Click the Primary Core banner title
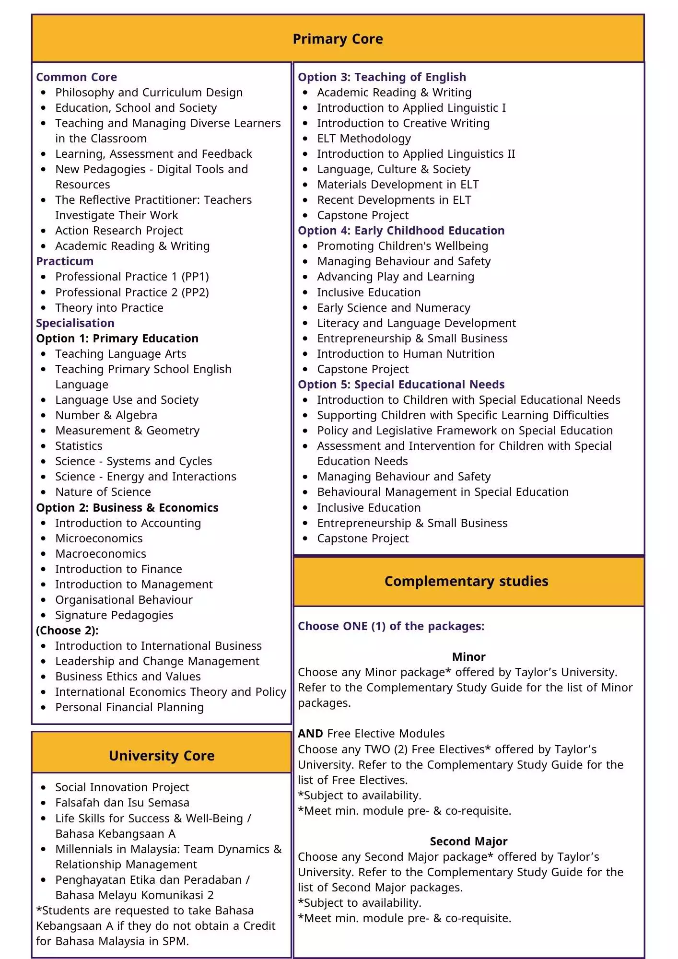coord(338,39)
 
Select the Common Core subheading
coord(76,77)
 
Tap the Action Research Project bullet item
coord(119,231)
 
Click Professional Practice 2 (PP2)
coord(132,292)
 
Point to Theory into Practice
coord(109,308)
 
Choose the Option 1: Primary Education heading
coord(117,339)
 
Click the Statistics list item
coord(79,446)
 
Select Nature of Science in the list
coord(103,492)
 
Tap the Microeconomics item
coord(99,538)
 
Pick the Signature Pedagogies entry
coord(114,615)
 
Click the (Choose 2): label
coord(67,631)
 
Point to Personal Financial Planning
coord(129,707)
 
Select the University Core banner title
coord(162,756)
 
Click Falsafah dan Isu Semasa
coord(122,803)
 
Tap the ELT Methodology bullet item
coord(364,139)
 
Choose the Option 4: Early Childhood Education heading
coord(401,231)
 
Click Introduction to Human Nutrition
coord(406,354)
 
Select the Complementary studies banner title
coord(466,581)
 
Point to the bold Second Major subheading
coord(468,842)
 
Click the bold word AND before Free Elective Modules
coord(310,734)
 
